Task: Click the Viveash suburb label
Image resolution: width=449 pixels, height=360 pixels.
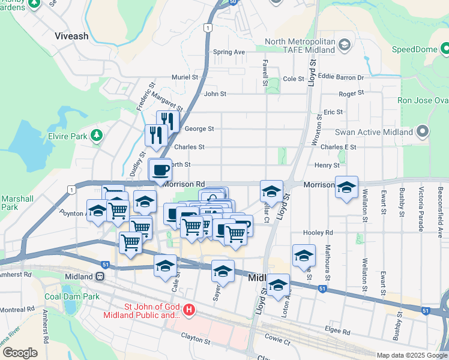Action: (71, 36)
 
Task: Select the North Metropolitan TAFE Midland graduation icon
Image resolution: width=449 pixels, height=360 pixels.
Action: (345, 45)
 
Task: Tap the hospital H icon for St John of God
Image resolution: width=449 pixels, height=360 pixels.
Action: (189, 310)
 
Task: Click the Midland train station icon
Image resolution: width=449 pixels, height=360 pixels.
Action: (101, 277)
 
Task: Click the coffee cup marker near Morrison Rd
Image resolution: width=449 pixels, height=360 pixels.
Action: (160, 170)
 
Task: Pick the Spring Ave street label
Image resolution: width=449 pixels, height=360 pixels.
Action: (229, 52)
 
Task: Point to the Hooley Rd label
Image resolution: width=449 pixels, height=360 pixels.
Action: (318, 232)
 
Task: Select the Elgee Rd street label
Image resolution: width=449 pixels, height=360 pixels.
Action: (338, 331)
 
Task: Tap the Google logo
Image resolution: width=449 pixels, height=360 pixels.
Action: (20, 353)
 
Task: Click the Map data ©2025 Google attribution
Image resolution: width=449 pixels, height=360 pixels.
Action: (411, 355)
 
